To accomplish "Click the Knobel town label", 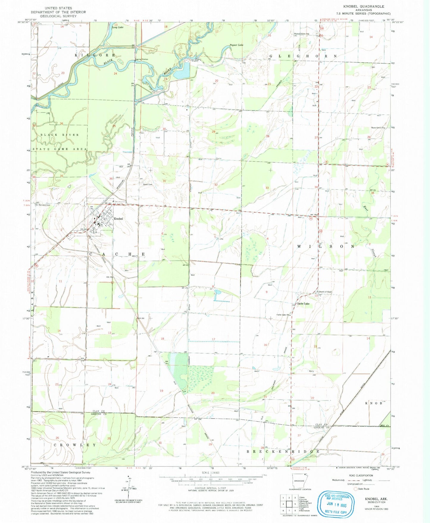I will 118,219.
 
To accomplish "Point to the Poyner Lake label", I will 236,45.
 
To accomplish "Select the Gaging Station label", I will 141,60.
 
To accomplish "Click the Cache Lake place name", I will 303,304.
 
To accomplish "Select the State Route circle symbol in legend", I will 355,489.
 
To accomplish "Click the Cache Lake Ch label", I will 283,315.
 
